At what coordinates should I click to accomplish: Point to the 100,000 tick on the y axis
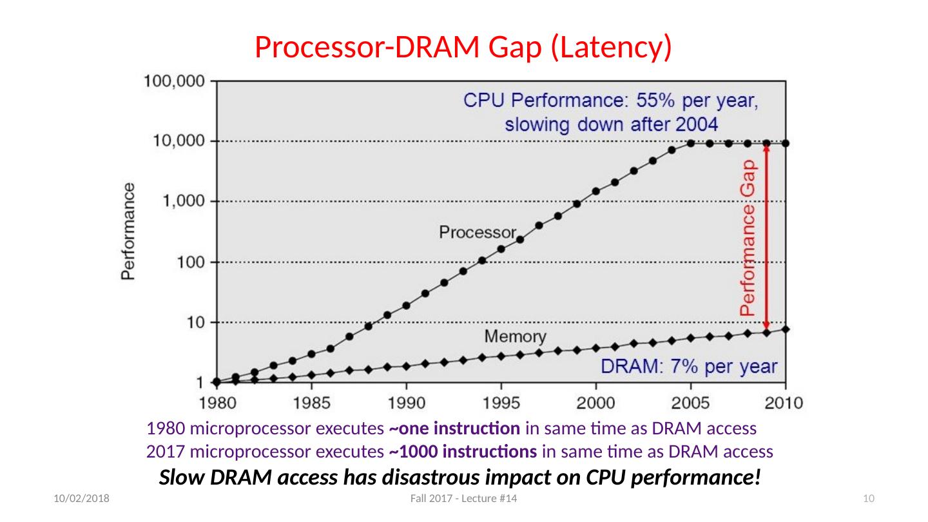click(x=173, y=81)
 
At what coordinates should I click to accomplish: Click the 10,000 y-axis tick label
click(x=177, y=141)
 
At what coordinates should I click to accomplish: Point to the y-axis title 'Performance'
click(x=129, y=231)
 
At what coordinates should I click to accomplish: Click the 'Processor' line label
click(x=478, y=232)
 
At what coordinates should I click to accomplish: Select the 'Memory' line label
click(x=515, y=336)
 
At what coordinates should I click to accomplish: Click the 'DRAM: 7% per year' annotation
click(x=689, y=366)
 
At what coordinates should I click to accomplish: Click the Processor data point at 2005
click(x=691, y=143)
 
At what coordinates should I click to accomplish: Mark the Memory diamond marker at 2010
click(x=786, y=329)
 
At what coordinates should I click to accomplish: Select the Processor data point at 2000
click(x=596, y=191)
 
